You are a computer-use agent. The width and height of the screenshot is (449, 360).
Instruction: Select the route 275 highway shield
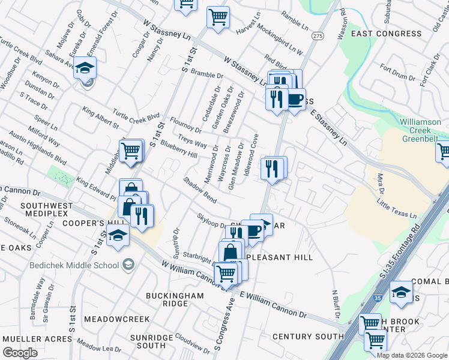coord(318,37)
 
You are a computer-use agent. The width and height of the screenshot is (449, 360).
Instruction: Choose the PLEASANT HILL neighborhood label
coord(279,257)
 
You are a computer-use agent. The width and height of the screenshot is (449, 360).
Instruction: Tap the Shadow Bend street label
coord(200,190)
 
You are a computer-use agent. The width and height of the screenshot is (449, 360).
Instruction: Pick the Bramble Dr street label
coord(206,74)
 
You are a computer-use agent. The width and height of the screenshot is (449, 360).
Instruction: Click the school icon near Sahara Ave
coord(85,68)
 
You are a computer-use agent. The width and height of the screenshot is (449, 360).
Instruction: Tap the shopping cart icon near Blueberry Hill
coord(131,152)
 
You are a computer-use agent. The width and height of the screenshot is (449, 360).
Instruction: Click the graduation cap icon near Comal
coord(401,292)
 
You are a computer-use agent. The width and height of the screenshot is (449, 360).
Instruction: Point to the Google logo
coord(20,352)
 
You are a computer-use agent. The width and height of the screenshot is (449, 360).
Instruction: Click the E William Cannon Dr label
coord(273,306)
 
